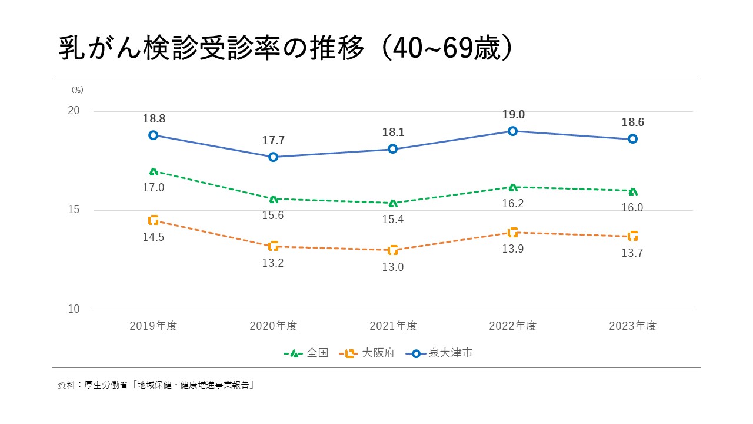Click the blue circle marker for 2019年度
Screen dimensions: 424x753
pyautogui.click(x=154, y=135)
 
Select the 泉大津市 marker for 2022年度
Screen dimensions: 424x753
pyautogui.click(x=513, y=131)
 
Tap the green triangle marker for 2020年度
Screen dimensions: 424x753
pyautogui.click(x=274, y=199)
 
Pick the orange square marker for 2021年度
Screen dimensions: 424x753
pyautogui.click(x=393, y=250)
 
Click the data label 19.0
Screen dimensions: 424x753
pyautogui.click(x=513, y=115)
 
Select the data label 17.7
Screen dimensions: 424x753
pyautogui.click(x=273, y=141)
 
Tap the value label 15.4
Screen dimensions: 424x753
pyautogui.click(x=393, y=220)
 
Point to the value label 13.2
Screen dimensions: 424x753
pyautogui.click(x=273, y=263)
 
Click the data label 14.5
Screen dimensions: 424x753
pyautogui.click(x=154, y=237)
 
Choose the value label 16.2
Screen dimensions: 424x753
pyautogui.click(x=513, y=204)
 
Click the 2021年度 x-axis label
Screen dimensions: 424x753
pyautogui.click(x=393, y=326)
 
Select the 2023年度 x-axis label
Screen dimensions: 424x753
pyautogui.click(x=633, y=326)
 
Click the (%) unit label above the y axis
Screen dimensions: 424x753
pyautogui.click(x=78, y=90)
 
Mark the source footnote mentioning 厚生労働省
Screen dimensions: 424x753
pyautogui.click(x=156, y=386)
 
